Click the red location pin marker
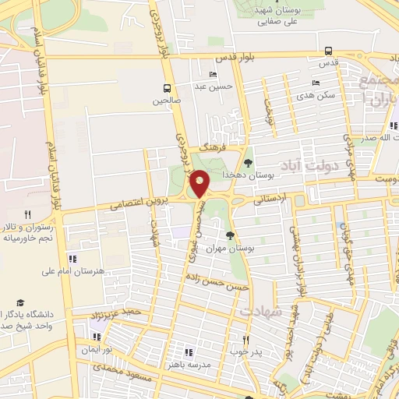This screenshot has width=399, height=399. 199,184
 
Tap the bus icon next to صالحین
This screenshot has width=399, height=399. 166,88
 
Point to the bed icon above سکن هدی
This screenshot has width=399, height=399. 316,82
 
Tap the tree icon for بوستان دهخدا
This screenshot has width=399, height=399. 248,163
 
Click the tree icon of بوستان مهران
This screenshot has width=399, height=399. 230,235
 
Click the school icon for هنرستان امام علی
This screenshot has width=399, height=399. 72,259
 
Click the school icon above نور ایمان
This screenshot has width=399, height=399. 97,337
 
